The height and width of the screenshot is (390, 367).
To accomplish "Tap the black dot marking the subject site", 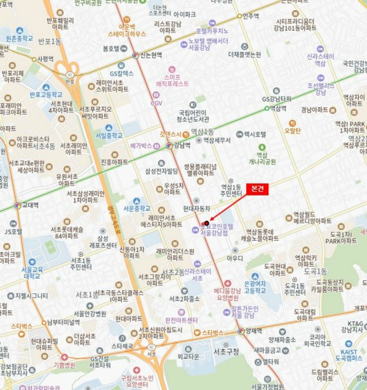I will click(207, 223).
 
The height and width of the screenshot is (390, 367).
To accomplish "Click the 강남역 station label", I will click(182, 145).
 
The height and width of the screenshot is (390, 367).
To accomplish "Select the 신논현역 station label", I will click(150, 55).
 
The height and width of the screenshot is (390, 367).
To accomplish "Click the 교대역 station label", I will click(30, 205).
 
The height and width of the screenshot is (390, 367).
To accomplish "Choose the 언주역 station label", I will click(251, 16).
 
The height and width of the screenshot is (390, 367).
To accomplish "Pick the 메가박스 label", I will click(141, 146).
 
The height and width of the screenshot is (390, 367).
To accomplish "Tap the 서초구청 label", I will click(226, 351).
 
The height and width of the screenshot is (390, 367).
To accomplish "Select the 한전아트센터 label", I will click(182, 320).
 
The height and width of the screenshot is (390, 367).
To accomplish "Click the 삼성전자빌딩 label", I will click(161, 170).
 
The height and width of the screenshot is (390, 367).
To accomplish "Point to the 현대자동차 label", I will click(197, 208).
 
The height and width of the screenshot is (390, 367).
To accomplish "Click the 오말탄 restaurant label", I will click(292, 131).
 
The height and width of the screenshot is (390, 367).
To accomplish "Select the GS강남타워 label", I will click(277, 99).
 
